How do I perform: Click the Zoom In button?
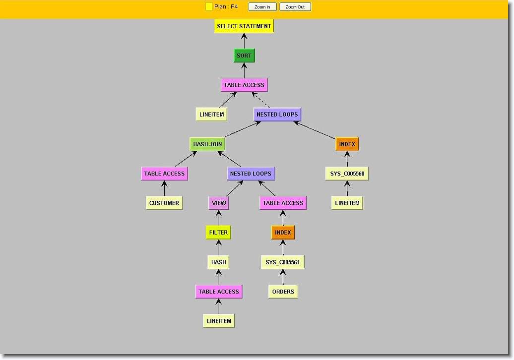tap(262, 7)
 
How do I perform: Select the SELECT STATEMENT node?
tap(244, 26)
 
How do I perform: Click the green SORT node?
tap(244, 56)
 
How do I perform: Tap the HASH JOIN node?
tap(207, 144)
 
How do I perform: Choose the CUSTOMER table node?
tap(164, 203)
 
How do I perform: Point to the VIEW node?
tap(219, 203)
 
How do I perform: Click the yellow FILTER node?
tap(218, 232)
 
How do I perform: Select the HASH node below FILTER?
tap(218, 262)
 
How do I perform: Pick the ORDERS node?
tap(283, 292)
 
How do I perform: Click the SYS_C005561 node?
tap(283, 262)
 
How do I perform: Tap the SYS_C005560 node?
tap(347, 174)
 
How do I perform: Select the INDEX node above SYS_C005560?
tap(347, 144)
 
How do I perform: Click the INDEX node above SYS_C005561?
tap(283, 232)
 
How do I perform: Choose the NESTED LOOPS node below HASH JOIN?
tap(251, 174)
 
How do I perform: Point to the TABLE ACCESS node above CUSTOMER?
tap(164, 174)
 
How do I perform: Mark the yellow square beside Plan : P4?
tap(209, 7)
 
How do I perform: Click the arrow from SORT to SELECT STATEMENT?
tap(244, 41)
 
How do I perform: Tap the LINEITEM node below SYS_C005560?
tap(347, 203)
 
